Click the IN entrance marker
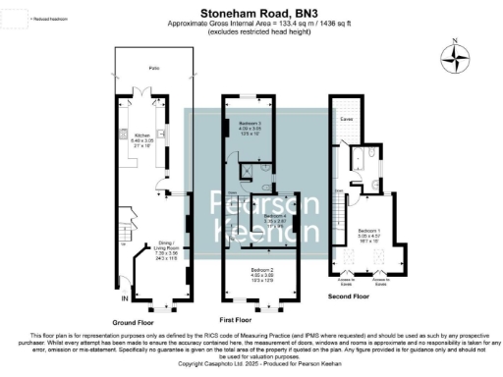124,297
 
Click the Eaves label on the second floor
345,119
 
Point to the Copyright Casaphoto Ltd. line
251,363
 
